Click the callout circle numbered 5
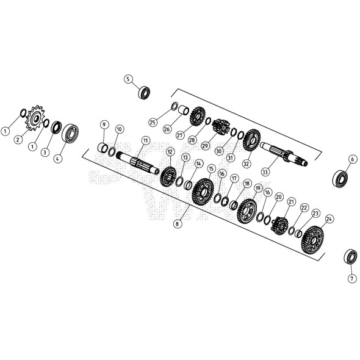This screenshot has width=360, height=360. (x=128, y=79)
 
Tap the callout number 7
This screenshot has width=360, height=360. (x=351, y=278)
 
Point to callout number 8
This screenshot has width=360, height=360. (x=178, y=223)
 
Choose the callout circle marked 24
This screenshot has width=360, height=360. (x=329, y=218)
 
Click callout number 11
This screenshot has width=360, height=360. (x=145, y=140)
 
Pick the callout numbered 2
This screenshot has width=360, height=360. (x=18, y=140)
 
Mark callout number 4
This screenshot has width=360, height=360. (x=58, y=158)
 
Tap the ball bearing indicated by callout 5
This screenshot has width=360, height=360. (x=145, y=93)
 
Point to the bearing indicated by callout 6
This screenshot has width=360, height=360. (x=340, y=179)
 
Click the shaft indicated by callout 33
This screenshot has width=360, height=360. (x=284, y=153)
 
